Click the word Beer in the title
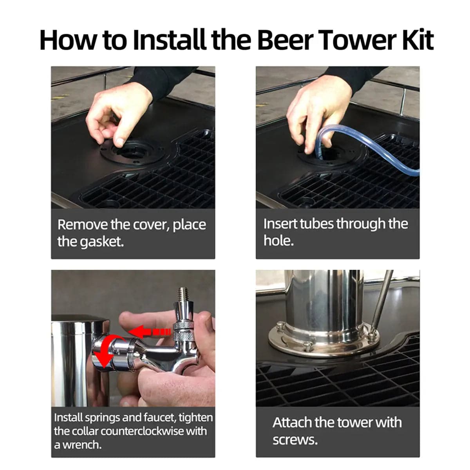coord(285,40)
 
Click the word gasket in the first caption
coord(102,242)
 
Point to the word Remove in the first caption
coord(83,224)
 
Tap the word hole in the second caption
coord(278,240)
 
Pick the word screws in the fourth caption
coord(295,440)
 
